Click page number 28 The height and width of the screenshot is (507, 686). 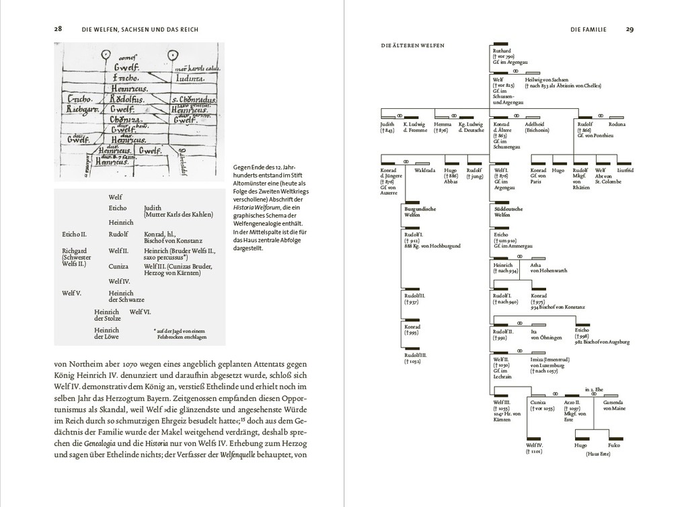[59, 29]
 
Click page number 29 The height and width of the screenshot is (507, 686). [630, 29]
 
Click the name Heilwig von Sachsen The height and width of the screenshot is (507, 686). [551, 79]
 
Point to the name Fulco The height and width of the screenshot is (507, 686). [613, 444]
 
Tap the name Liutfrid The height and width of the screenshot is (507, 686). [625, 171]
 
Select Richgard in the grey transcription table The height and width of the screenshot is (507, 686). [74, 250]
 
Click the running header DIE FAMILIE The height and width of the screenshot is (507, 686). [588, 29]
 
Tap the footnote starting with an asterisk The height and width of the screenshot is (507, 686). [180, 334]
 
